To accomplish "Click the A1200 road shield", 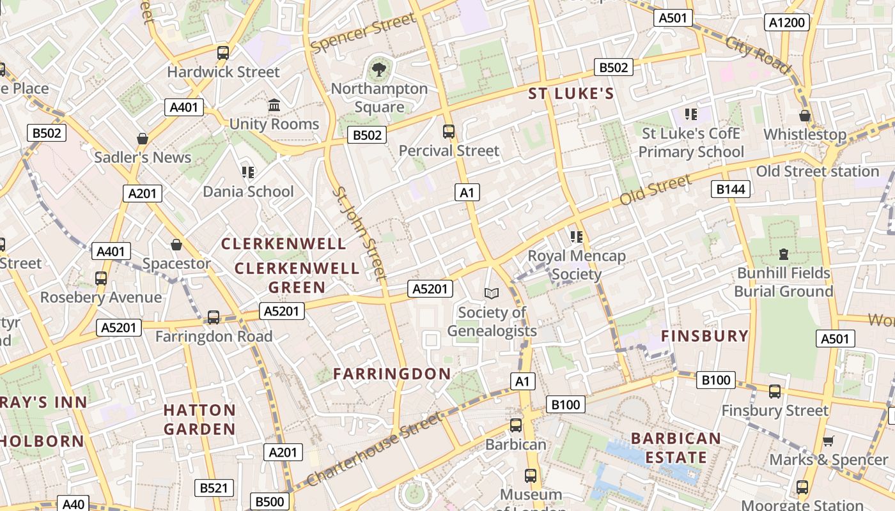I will click(x=787, y=23).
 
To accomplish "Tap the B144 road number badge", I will click(x=731, y=189).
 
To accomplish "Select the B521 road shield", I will click(x=214, y=488).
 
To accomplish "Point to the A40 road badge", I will click(x=73, y=504).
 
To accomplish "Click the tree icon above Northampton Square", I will click(x=379, y=68).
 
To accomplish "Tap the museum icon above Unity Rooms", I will click(x=274, y=105).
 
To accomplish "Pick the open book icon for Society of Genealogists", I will click(x=491, y=293).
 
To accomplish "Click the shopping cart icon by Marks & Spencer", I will click(x=828, y=441).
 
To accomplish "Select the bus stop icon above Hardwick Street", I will click(x=222, y=53).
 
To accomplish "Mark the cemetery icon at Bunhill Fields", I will click(x=783, y=254).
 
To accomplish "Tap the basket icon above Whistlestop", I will click(x=805, y=116).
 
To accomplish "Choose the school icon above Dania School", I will click(x=248, y=172).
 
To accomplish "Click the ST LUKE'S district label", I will click(x=571, y=95).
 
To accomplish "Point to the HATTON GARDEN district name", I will click(x=199, y=419).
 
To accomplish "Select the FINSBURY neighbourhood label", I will click(x=704, y=336).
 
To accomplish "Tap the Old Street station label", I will click(x=817, y=171).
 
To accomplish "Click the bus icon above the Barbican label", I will click(x=516, y=425).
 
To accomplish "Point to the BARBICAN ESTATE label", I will click(x=676, y=448).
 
